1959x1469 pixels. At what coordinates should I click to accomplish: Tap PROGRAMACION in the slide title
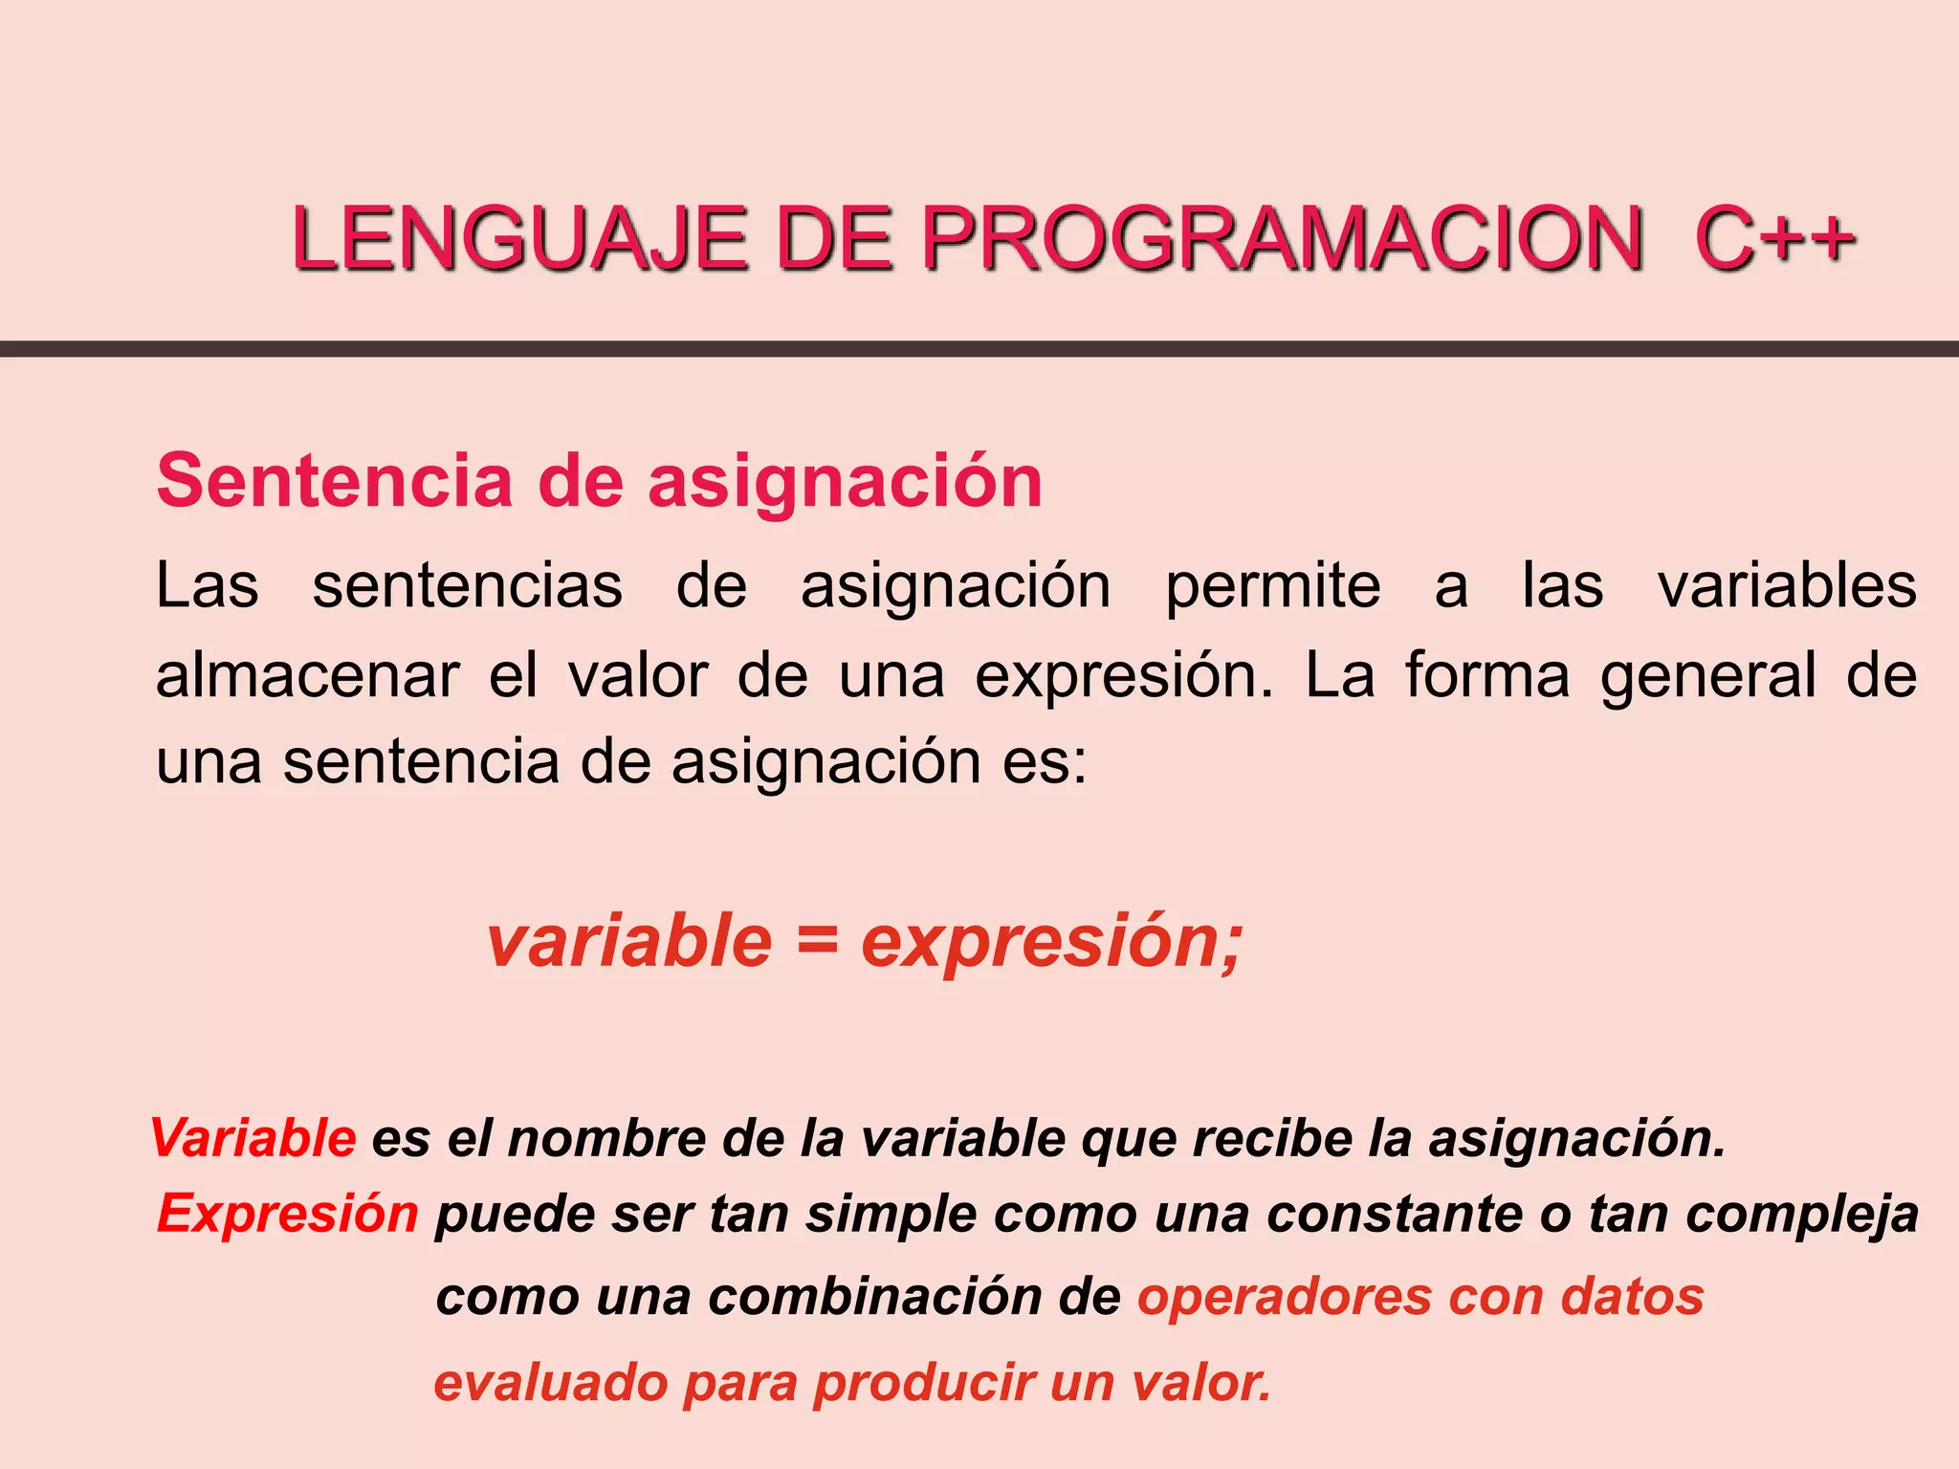1283,239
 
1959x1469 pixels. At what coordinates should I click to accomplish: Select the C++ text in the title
1774,239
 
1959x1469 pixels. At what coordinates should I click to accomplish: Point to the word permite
1273,587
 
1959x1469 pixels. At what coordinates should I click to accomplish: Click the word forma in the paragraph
1487,676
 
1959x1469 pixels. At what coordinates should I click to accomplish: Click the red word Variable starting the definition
253,1138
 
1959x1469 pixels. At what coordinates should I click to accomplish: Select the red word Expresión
288,1215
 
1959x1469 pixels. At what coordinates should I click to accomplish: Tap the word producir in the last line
924,1384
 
